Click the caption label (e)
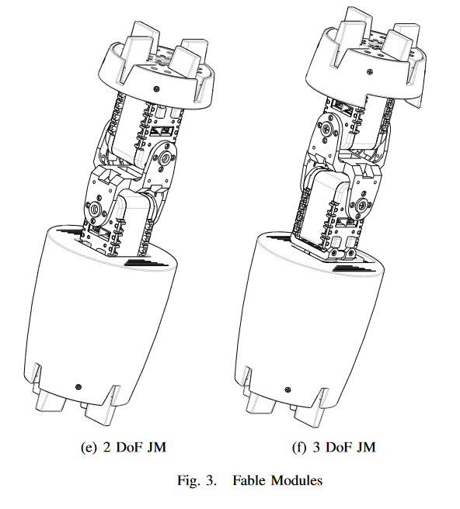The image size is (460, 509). click(89, 448)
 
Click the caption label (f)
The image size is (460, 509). click(299, 448)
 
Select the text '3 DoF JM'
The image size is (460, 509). click(344, 448)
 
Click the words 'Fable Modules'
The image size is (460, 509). click(277, 480)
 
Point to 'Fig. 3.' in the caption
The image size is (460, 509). click(197, 480)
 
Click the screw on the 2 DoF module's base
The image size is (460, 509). click(78, 386)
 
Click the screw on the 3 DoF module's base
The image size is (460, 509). click(287, 390)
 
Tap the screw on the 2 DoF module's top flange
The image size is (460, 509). click(157, 88)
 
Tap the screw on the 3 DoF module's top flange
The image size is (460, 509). click(370, 71)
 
